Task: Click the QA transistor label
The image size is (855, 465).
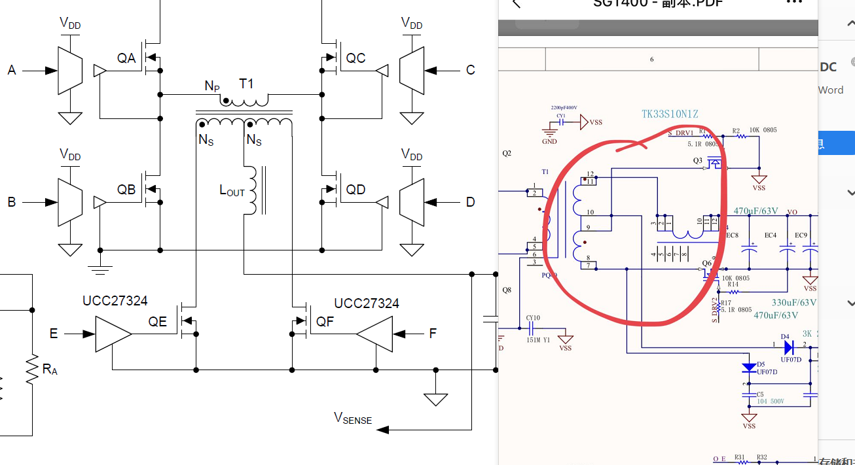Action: pyautogui.click(x=126, y=58)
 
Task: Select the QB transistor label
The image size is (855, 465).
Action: pyautogui.click(x=126, y=190)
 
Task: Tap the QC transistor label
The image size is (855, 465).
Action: pyautogui.click(x=355, y=58)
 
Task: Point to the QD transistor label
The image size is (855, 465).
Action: pyautogui.click(x=355, y=190)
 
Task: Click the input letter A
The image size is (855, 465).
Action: pyautogui.click(x=11, y=70)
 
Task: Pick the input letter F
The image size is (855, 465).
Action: pyautogui.click(x=432, y=334)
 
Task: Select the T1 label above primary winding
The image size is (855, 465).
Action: pyautogui.click(x=246, y=84)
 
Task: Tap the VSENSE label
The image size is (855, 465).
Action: pyautogui.click(x=352, y=419)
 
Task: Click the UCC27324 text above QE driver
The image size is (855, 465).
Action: pyautogui.click(x=115, y=301)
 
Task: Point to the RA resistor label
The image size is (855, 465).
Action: pyautogui.click(x=50, y=370)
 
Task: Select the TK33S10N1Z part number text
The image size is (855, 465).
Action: pyautogui.click(x=670, y=114)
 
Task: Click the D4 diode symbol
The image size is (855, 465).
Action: pyautogui.click(x=789, y=347)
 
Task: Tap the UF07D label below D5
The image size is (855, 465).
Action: pyautogui.click(x=767, y=371)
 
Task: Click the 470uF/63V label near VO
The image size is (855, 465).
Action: pyautogui.click(x=755, y=211)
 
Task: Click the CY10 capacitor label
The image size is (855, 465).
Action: pyautogui.click(x=533, y=319)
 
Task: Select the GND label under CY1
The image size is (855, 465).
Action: pyautogui.click(x=549, y=141)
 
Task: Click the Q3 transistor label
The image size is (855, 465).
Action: pyautogui.click(x=697, y=160)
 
